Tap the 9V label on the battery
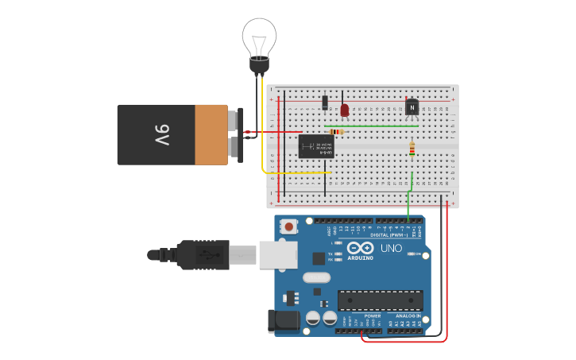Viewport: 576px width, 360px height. pos(161,134)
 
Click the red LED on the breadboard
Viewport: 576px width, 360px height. pos(344,110)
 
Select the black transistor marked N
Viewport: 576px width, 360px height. pos(412,106)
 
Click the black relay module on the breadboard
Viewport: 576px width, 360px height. pos(315,146)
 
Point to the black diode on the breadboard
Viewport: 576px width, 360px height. pos(325,102)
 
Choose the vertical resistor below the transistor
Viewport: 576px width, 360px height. pos(412,149)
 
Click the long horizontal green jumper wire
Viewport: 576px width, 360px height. pos(371,126)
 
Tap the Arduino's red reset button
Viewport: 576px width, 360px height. pos(289,226)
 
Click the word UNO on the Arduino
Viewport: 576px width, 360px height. pos(391,248)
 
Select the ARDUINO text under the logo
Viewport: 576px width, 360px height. pos(360,258)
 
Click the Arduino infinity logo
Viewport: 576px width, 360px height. pos(360,248)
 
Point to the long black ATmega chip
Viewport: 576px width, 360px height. pos(380,300)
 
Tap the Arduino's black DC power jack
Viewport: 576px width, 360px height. pos(283,320)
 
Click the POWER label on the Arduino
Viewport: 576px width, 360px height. pos(373,315)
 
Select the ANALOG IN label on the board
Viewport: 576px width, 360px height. pos(408,315)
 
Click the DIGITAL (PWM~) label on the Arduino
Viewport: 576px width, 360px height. pos(389,235)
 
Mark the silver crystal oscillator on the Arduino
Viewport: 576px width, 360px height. pos(316,277)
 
